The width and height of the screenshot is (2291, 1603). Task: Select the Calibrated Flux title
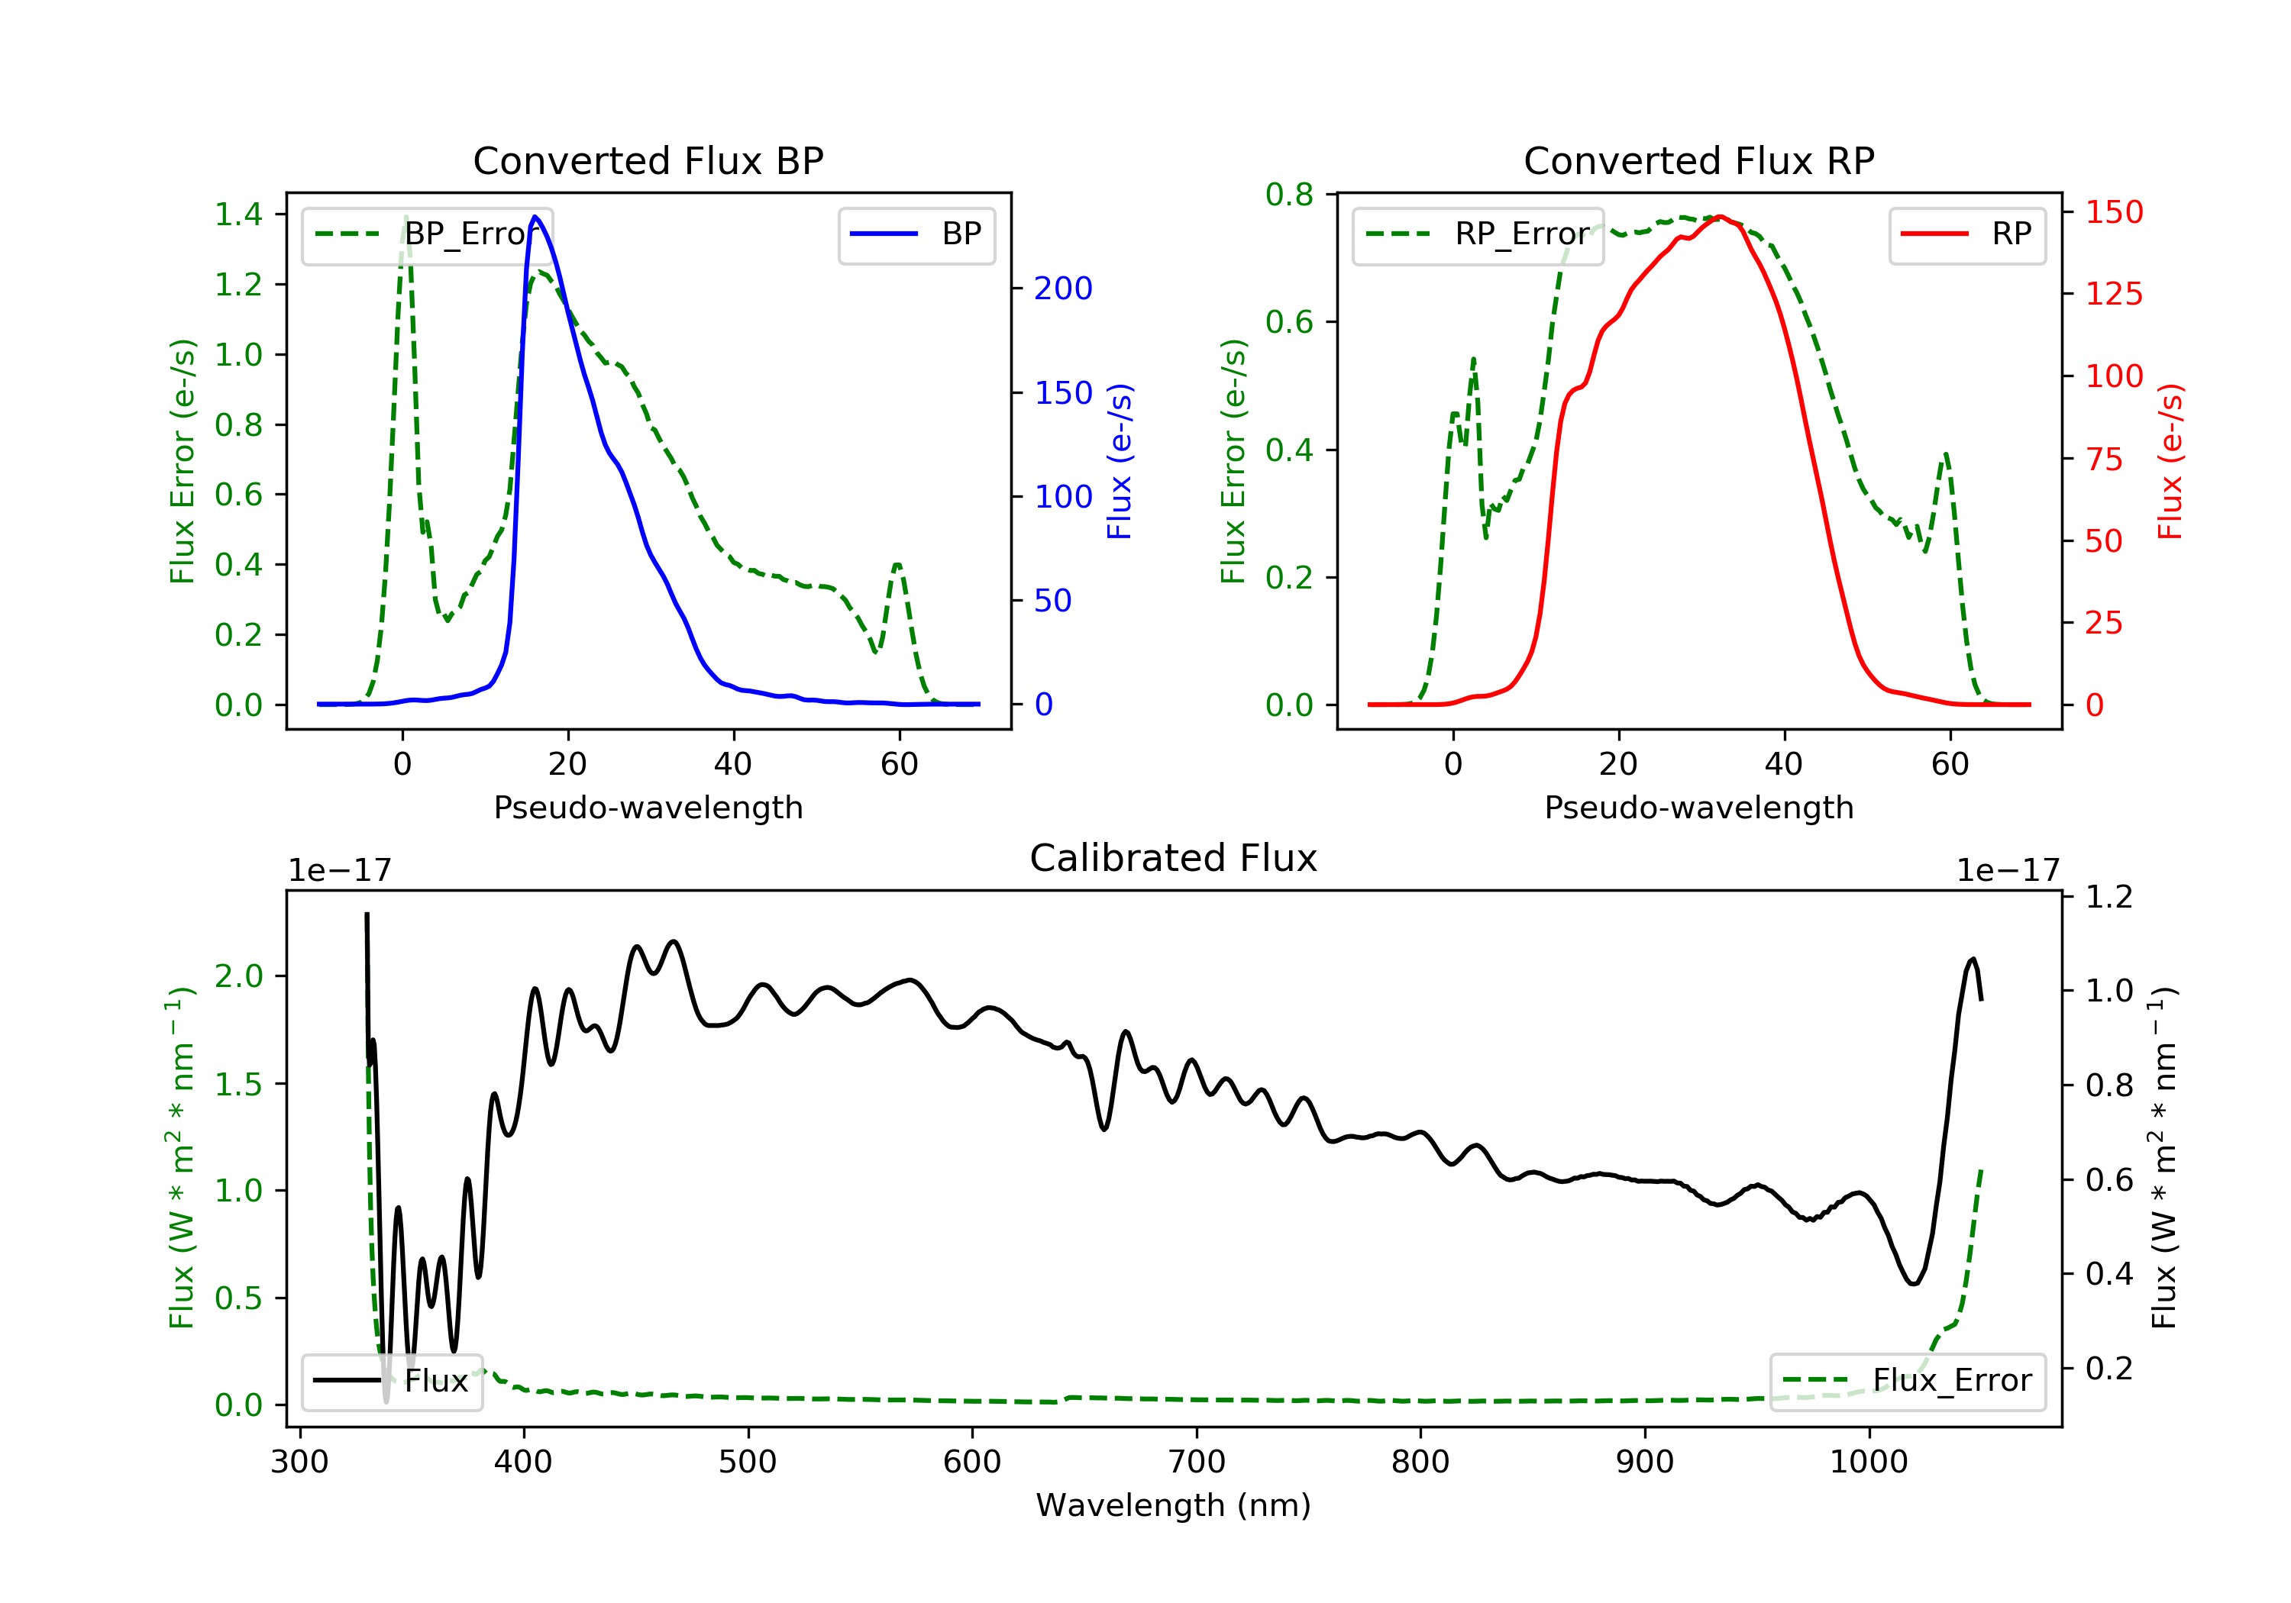[x=1174, y=858]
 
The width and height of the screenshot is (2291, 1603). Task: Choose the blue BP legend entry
[x=916, y=234]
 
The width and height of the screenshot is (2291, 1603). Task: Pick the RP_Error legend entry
[x=1478, y=234]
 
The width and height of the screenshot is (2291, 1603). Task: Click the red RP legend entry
[x=1966, y=234]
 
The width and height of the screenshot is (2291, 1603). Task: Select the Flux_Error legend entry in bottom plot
[x=1907, y=1381]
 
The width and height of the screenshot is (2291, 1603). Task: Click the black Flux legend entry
[x=391, y=1381]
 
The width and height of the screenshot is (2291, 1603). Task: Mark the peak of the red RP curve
[x=1721, y=217]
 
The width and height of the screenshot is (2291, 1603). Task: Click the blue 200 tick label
[x=1064, y=289]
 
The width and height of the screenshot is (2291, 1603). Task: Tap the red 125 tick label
[x=2115, y=295]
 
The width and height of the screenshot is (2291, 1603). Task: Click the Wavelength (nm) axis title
[x=1174, y=1505]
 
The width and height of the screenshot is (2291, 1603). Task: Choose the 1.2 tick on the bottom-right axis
[x=2109, y=897]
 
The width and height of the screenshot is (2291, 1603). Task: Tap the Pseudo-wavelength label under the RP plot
[x=1699, y=807]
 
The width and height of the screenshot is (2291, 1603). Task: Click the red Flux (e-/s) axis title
[x=2171, y=462]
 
